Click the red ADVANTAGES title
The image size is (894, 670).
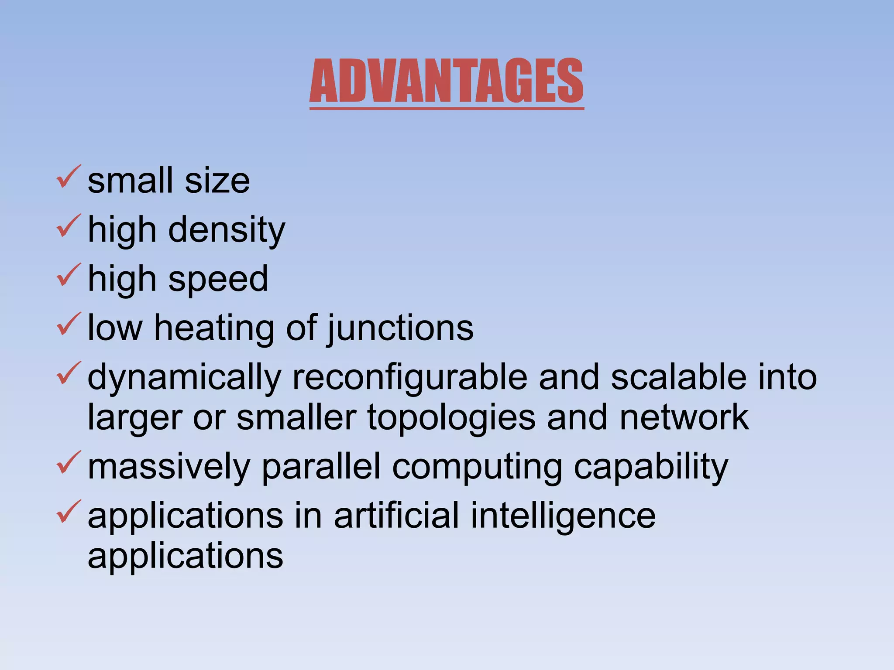pyautogui.click(x=446, y=81)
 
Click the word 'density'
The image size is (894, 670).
pyautogui.click(x=227, y=230)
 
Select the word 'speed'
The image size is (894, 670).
pyautogui.click(x=218, y=279)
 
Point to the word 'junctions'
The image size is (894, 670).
pyautogui.click(x=400, y=328)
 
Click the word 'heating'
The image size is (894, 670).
pyautogui.click(x=214, y=328)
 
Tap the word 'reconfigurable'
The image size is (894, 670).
pyautogui.click(x=410, y=378)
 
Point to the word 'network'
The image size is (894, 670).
pyautogui.click(x=684, y=417)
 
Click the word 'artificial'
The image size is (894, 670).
pyautogui.click(x=396, y=516)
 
